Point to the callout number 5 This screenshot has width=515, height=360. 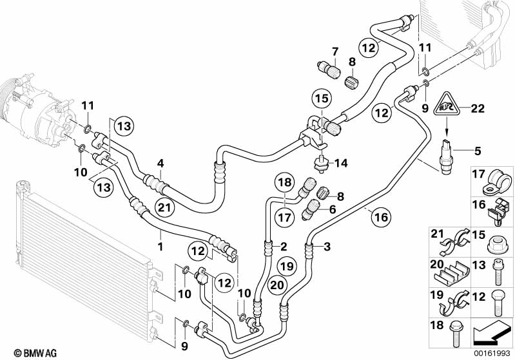click(478, 151)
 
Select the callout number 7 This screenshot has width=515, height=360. click(335, 51)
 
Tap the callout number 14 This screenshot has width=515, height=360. click(341, 164)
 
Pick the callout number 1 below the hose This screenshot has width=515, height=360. click(160, 245)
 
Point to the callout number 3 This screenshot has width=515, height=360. click(327, 246)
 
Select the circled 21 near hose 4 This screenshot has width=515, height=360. click(164, 207)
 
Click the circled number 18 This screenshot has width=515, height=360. click(286, 182)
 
